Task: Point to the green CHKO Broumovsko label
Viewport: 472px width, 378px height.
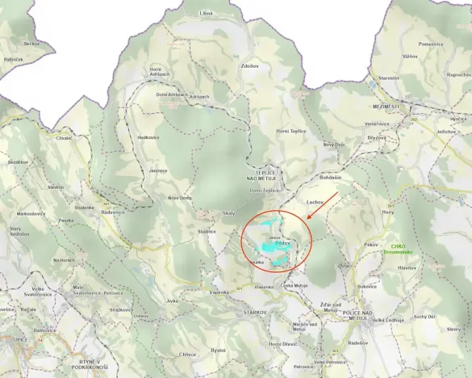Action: click(x=397, y=250)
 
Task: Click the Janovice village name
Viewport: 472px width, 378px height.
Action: click(x=158, y=170)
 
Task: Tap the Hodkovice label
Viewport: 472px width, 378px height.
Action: click(x=148, y=137)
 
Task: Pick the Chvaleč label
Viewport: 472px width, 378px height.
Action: click(x=65, y=138)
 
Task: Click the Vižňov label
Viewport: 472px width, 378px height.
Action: click(x=411, y=57)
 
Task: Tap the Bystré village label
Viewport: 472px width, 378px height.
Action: click(x=218, y=351)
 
